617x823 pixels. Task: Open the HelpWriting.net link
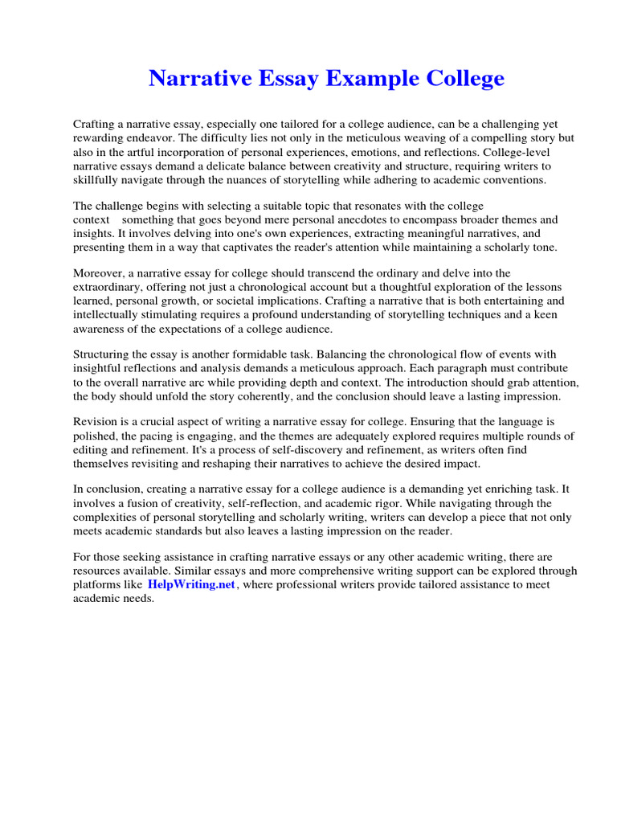coord(191,584)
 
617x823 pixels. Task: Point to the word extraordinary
coord(108,287)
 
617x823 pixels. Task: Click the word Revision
coord(97,422)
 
